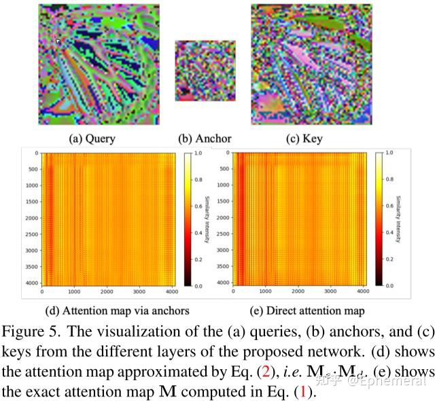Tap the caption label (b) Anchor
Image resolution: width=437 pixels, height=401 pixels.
[205, 139]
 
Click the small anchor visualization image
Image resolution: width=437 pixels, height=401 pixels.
[205, 71]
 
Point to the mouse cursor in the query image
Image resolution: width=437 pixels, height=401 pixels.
[58, 41]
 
